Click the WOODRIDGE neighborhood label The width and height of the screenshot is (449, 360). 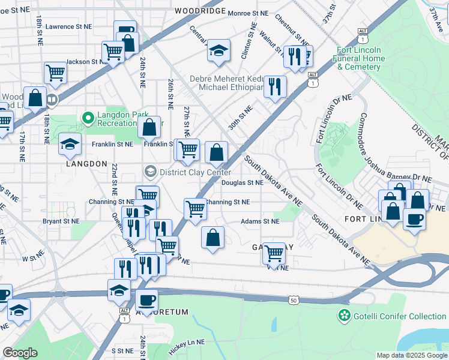pyautogui.click(x=200, y=11)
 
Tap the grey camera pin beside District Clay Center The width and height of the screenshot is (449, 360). pyautogui.click(x=149, y=172)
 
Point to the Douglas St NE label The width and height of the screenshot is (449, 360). pyautogui.click(x=243, y=183)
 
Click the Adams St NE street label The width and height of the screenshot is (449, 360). pyautogui.click(x=260, y=221)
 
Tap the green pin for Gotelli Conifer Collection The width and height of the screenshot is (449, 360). pyautogui.click(x=344, y=315)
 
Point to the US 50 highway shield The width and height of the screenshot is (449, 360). pyautogui.click(x=293, y=299)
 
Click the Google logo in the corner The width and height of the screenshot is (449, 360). pyautogui.click(x=20, y=353)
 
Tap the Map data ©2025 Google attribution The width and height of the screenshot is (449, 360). pyautogui.click(x=411, y=355)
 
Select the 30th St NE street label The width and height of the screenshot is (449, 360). pyautogui.click(x=240, y=118)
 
